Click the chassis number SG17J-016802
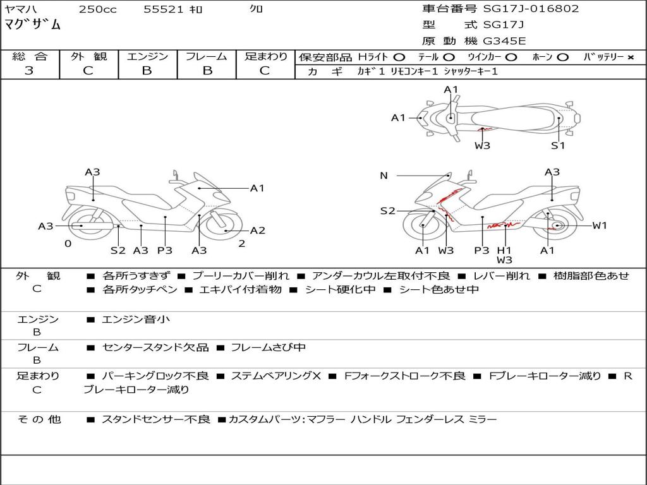(531, 9)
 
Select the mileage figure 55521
(164, 9)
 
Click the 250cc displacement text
(98, 9)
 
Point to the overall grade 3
(29, 71)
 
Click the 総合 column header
(30, 56)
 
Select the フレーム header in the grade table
(207, 56)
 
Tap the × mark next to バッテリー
(631, 57)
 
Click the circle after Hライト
(399, 57)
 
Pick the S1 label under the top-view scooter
(558, 146)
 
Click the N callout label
(384, 176)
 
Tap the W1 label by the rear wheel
(600, 225)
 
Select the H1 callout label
(504, 250)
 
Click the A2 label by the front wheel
(258, 231)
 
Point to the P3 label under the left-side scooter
(165, 250)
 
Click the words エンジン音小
(136, 319)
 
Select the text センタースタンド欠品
(155, 348)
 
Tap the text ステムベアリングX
(275, 376)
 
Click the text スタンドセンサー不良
(156, 420)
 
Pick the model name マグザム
(33, 25)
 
